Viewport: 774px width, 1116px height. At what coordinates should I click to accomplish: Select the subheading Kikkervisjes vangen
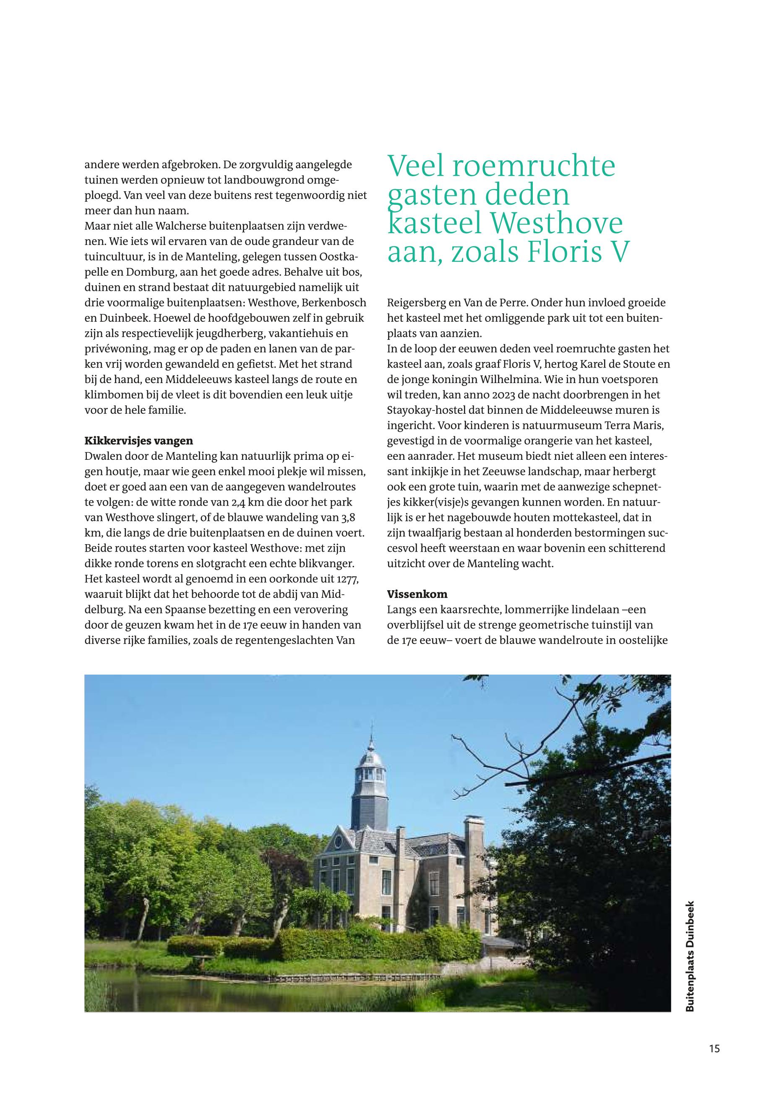139,441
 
